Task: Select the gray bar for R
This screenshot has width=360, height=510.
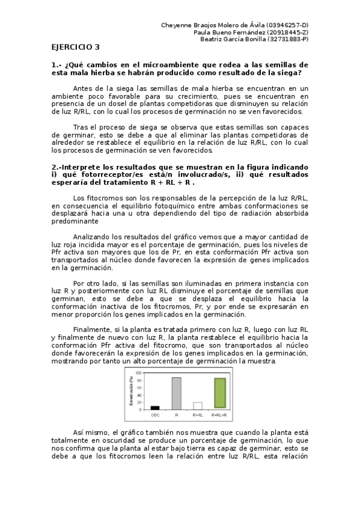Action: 176,393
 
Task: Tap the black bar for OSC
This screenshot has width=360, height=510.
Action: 155,408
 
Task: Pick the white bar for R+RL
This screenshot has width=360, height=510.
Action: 197,405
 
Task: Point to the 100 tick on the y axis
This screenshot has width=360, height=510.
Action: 139,373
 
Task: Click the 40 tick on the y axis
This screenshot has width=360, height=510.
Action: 139,395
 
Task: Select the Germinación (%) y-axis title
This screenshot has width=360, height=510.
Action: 130,390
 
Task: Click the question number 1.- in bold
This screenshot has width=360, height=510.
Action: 56,64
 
